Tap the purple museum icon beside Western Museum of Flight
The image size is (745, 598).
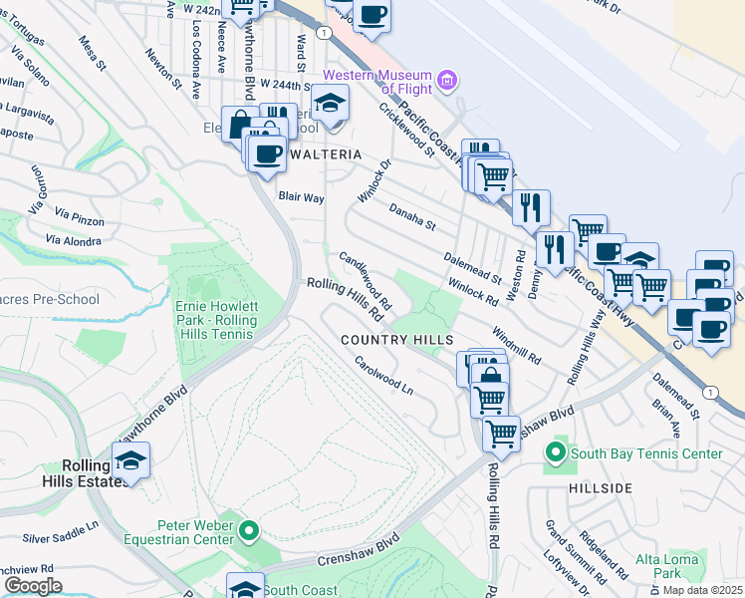coord(447,79)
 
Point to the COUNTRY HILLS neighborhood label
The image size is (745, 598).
coord(396,340)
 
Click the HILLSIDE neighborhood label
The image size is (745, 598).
coord(601,487)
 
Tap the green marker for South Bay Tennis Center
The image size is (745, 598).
coord(556,454)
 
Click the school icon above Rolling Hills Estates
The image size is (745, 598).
coord(130,460)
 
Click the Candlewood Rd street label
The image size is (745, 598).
coord(365,278)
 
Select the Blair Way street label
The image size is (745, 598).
coord(301,197)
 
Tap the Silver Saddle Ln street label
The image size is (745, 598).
coord(61,531)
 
